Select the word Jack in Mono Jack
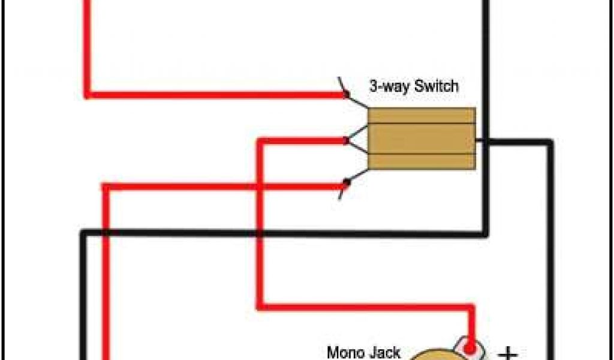point(384,352)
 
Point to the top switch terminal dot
point(346,94)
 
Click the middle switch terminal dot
point(346,141)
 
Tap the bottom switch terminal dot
point(346,182)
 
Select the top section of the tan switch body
point(422,115)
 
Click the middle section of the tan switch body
point(422,139)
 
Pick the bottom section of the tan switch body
point(422,161)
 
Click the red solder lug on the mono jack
point(471,347)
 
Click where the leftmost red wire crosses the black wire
point(106,233)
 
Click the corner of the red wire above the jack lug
point(471,308)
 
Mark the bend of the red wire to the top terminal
point(88,94)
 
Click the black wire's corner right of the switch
point(549,142)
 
